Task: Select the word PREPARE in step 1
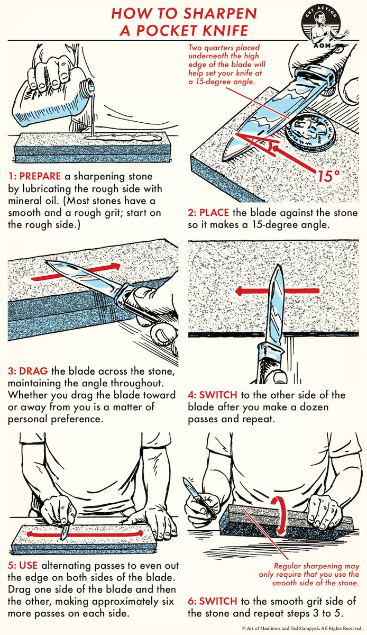coord(36,175)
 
